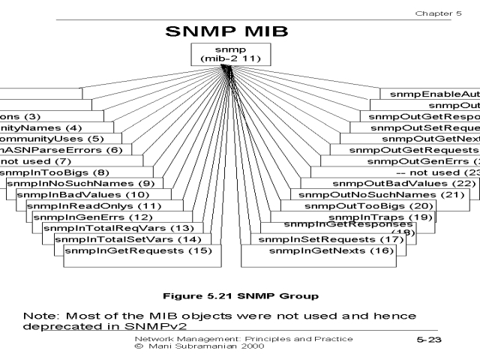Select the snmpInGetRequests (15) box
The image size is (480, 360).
tap(138, 250)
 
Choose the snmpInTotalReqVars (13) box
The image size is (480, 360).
tap(118, 228)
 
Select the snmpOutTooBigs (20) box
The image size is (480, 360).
tap(370, 205)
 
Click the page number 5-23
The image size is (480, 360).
tap(429, 340)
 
